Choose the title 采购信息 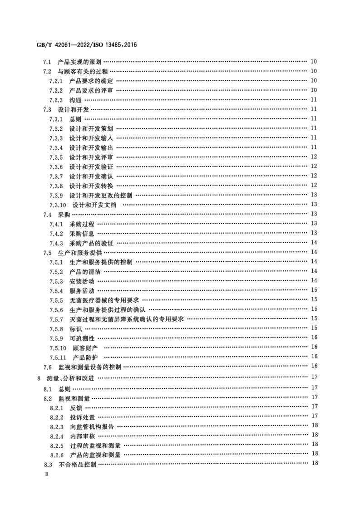click(82, 233)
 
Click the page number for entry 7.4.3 click(314, 243)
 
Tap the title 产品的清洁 click(85, 271)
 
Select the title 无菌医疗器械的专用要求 click(104, 300)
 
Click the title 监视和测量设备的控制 click(89, 367)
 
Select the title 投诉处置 click(82, 416)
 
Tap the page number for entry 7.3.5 click(314, 157)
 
